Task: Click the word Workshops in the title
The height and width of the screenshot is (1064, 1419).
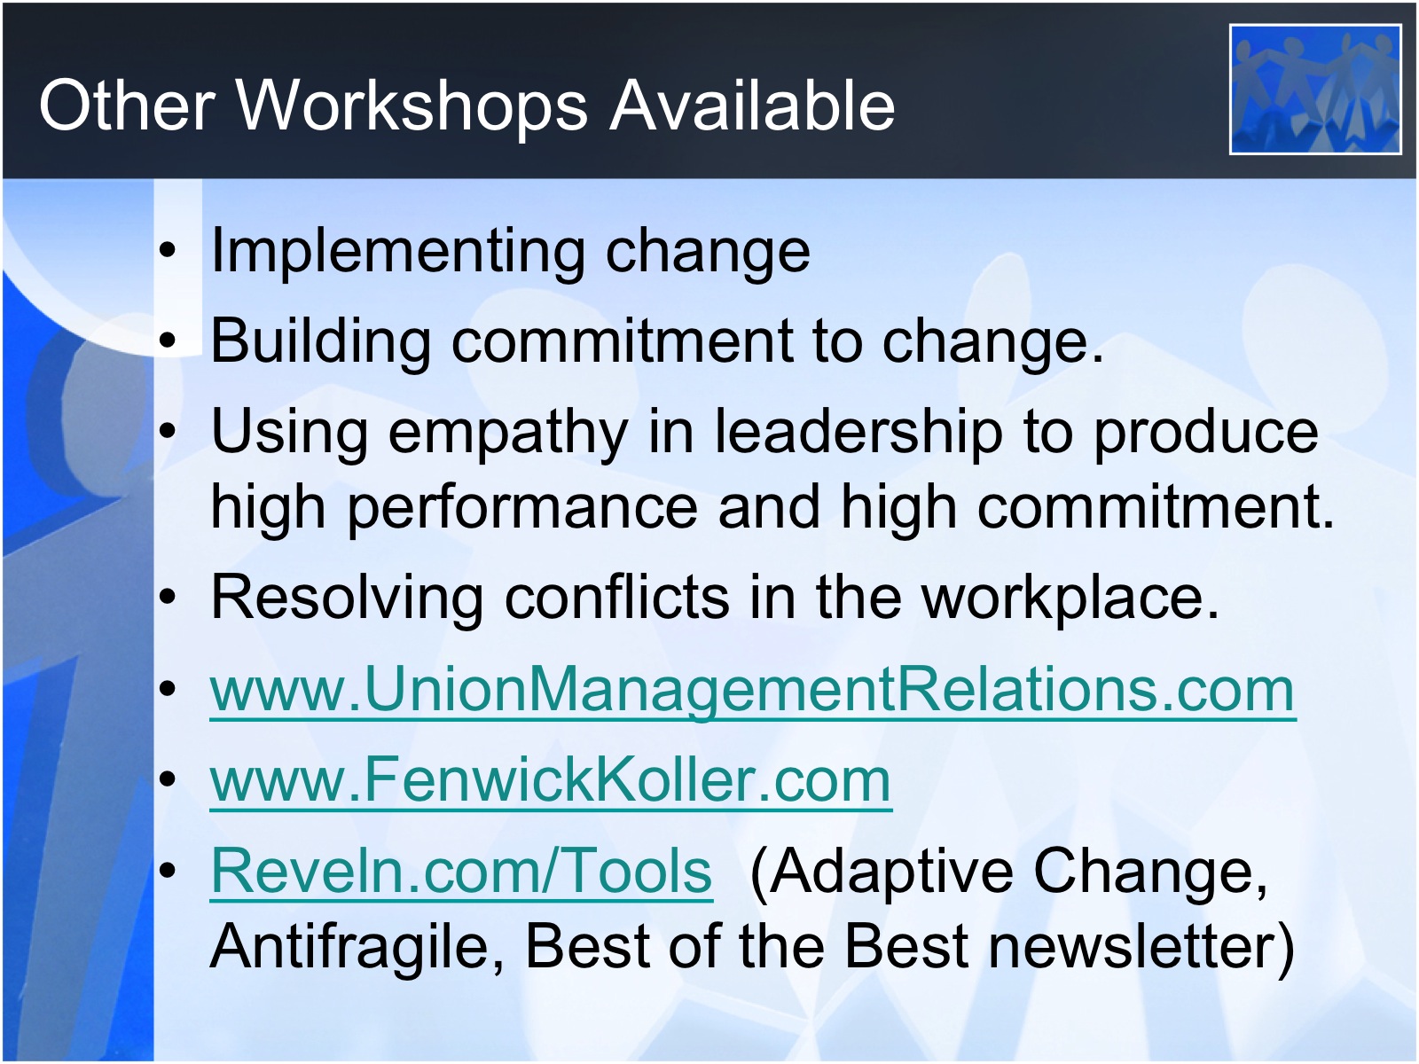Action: click(x=413, y=106)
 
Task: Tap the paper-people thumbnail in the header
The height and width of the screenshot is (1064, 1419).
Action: click(x=1315, y=90)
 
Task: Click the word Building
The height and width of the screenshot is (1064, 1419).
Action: click(x=321, y=342)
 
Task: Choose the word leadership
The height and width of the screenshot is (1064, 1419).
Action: click(x=858, y=433)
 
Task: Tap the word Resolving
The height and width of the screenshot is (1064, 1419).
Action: click(x=347, y=598)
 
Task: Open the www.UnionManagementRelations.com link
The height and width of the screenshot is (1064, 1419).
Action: click(x=753, y=690)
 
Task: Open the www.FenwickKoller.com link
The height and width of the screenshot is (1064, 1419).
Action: click(x=551, y=780)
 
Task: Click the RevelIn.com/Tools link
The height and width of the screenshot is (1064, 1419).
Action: click(x=462, y=871)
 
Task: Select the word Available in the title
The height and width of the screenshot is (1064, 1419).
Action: click(x=752, y=106)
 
